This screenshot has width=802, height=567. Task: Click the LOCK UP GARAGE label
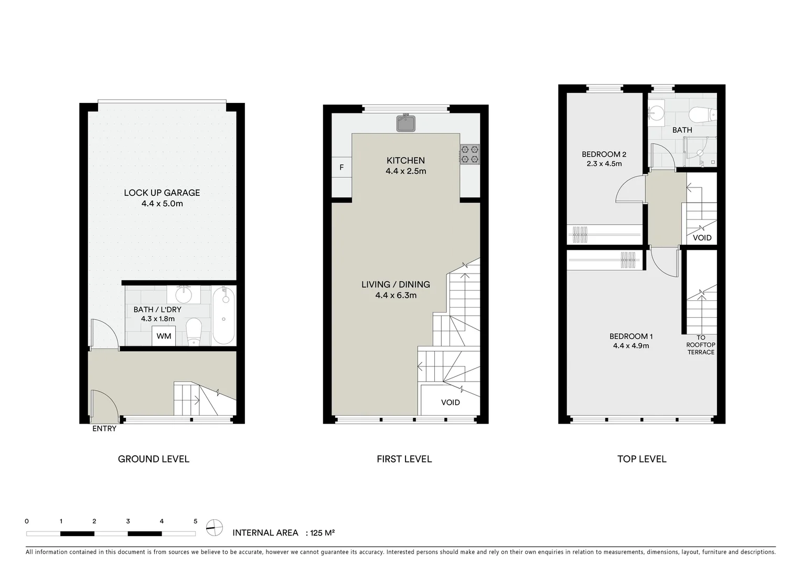click(162, 193)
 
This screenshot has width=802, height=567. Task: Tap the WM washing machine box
click(164, 336)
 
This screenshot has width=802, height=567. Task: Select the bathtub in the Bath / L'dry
click(224, 315)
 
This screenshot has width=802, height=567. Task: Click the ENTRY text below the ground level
click(104, 428)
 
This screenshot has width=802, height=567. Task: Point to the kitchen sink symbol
click(405, 123)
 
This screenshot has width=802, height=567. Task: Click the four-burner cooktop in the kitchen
click(469, 154)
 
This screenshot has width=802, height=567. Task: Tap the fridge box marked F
click(341, 167)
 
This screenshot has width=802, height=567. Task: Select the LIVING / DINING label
click(395, 285)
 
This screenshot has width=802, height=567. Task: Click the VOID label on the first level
click(450, 402)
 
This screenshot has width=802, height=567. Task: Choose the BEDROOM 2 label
click(604, 154)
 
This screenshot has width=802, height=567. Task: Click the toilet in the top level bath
click(700, 114)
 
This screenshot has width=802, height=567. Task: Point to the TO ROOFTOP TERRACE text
click(701, 345)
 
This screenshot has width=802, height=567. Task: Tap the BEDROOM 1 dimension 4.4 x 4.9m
click(631, 346)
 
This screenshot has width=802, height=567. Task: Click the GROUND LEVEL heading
click(153, 459)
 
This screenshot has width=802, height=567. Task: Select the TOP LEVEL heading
click(641, 459)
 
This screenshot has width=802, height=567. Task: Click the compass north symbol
click(214, 527)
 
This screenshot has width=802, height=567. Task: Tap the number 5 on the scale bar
click(195, 521)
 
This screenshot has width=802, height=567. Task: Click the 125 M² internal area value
click(323, 533)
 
